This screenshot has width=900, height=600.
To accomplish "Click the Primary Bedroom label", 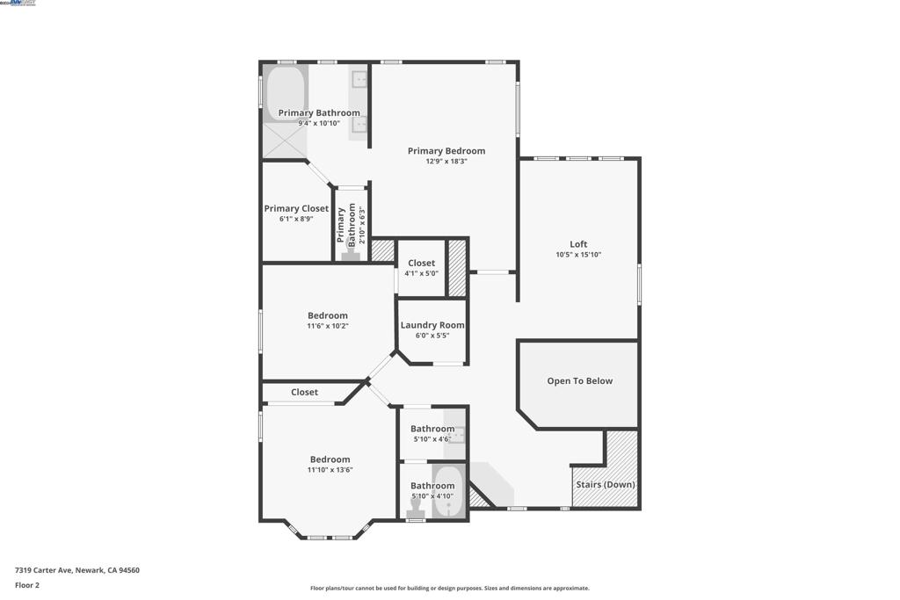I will point(446,151).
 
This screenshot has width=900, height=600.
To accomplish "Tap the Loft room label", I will point(577,245).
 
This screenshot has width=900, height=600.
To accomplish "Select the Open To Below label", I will point(579,381).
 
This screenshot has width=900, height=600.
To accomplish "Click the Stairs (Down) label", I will point(605,485).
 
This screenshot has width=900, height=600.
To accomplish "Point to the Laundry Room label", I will point(432,325).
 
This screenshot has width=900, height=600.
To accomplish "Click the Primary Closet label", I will point(296,209).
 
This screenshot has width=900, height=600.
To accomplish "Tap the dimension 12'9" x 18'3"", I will point(446,162).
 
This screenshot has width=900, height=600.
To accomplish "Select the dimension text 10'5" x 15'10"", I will point(577,255).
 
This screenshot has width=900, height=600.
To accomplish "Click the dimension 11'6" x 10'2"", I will point(327,326).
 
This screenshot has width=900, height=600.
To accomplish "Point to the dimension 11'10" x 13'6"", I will point(330,470).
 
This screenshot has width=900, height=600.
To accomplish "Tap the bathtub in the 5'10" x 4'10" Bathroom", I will point(447,493).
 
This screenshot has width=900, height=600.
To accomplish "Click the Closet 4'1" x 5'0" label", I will point(421,264).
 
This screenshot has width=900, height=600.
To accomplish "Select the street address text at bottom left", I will point(76,570).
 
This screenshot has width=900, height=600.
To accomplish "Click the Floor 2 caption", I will point(27,585).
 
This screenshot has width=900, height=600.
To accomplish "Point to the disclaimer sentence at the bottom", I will point(449,589).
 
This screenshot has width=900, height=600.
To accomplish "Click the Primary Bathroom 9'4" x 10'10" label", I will point(319,113).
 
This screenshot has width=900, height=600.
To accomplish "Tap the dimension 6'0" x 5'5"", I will point(432,336).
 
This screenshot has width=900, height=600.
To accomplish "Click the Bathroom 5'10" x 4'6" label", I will point(432,430).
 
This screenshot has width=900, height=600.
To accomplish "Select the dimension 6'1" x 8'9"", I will point(296,219).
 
